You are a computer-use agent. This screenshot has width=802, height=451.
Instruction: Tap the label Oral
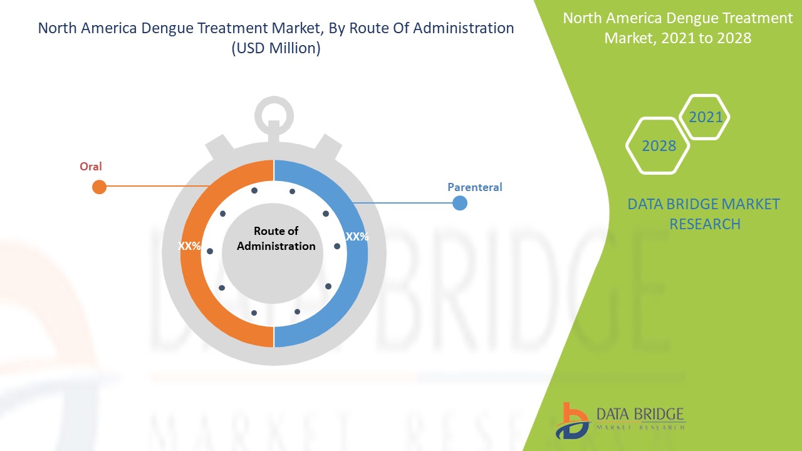click(x=91, y=167)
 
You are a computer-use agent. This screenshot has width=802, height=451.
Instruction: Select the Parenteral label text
click(x=475, y=187)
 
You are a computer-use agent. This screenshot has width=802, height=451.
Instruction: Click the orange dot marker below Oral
click(x=99, y=187)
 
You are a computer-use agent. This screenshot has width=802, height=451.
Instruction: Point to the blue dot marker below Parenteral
click(x=460, y=203)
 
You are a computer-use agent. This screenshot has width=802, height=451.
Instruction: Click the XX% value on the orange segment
click(x=189, y=246)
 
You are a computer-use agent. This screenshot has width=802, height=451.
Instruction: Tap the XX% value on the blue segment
click(x=357, y=237)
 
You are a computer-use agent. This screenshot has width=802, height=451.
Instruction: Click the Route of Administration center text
click(x=276, y=239)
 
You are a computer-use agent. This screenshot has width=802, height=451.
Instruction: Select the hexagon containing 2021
click(x=704, y=117)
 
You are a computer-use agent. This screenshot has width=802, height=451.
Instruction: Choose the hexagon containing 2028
click(x=658, y=146)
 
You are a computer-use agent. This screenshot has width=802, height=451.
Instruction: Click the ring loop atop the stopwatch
click(x=274, y=116)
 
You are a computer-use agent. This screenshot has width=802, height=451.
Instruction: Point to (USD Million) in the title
click(x=276, y=48)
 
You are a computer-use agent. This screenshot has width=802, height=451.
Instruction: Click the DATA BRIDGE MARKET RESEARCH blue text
click(x=704, y=214)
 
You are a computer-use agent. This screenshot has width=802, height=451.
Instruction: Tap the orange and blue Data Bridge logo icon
click(x=573, y=421)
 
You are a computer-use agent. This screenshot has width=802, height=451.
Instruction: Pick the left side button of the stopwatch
click(x=219, y=147)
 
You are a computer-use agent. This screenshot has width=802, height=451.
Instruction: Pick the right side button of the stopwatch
click(x=328, y=147)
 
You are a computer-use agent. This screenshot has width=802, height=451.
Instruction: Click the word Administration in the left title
click(x=463, y=28)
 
